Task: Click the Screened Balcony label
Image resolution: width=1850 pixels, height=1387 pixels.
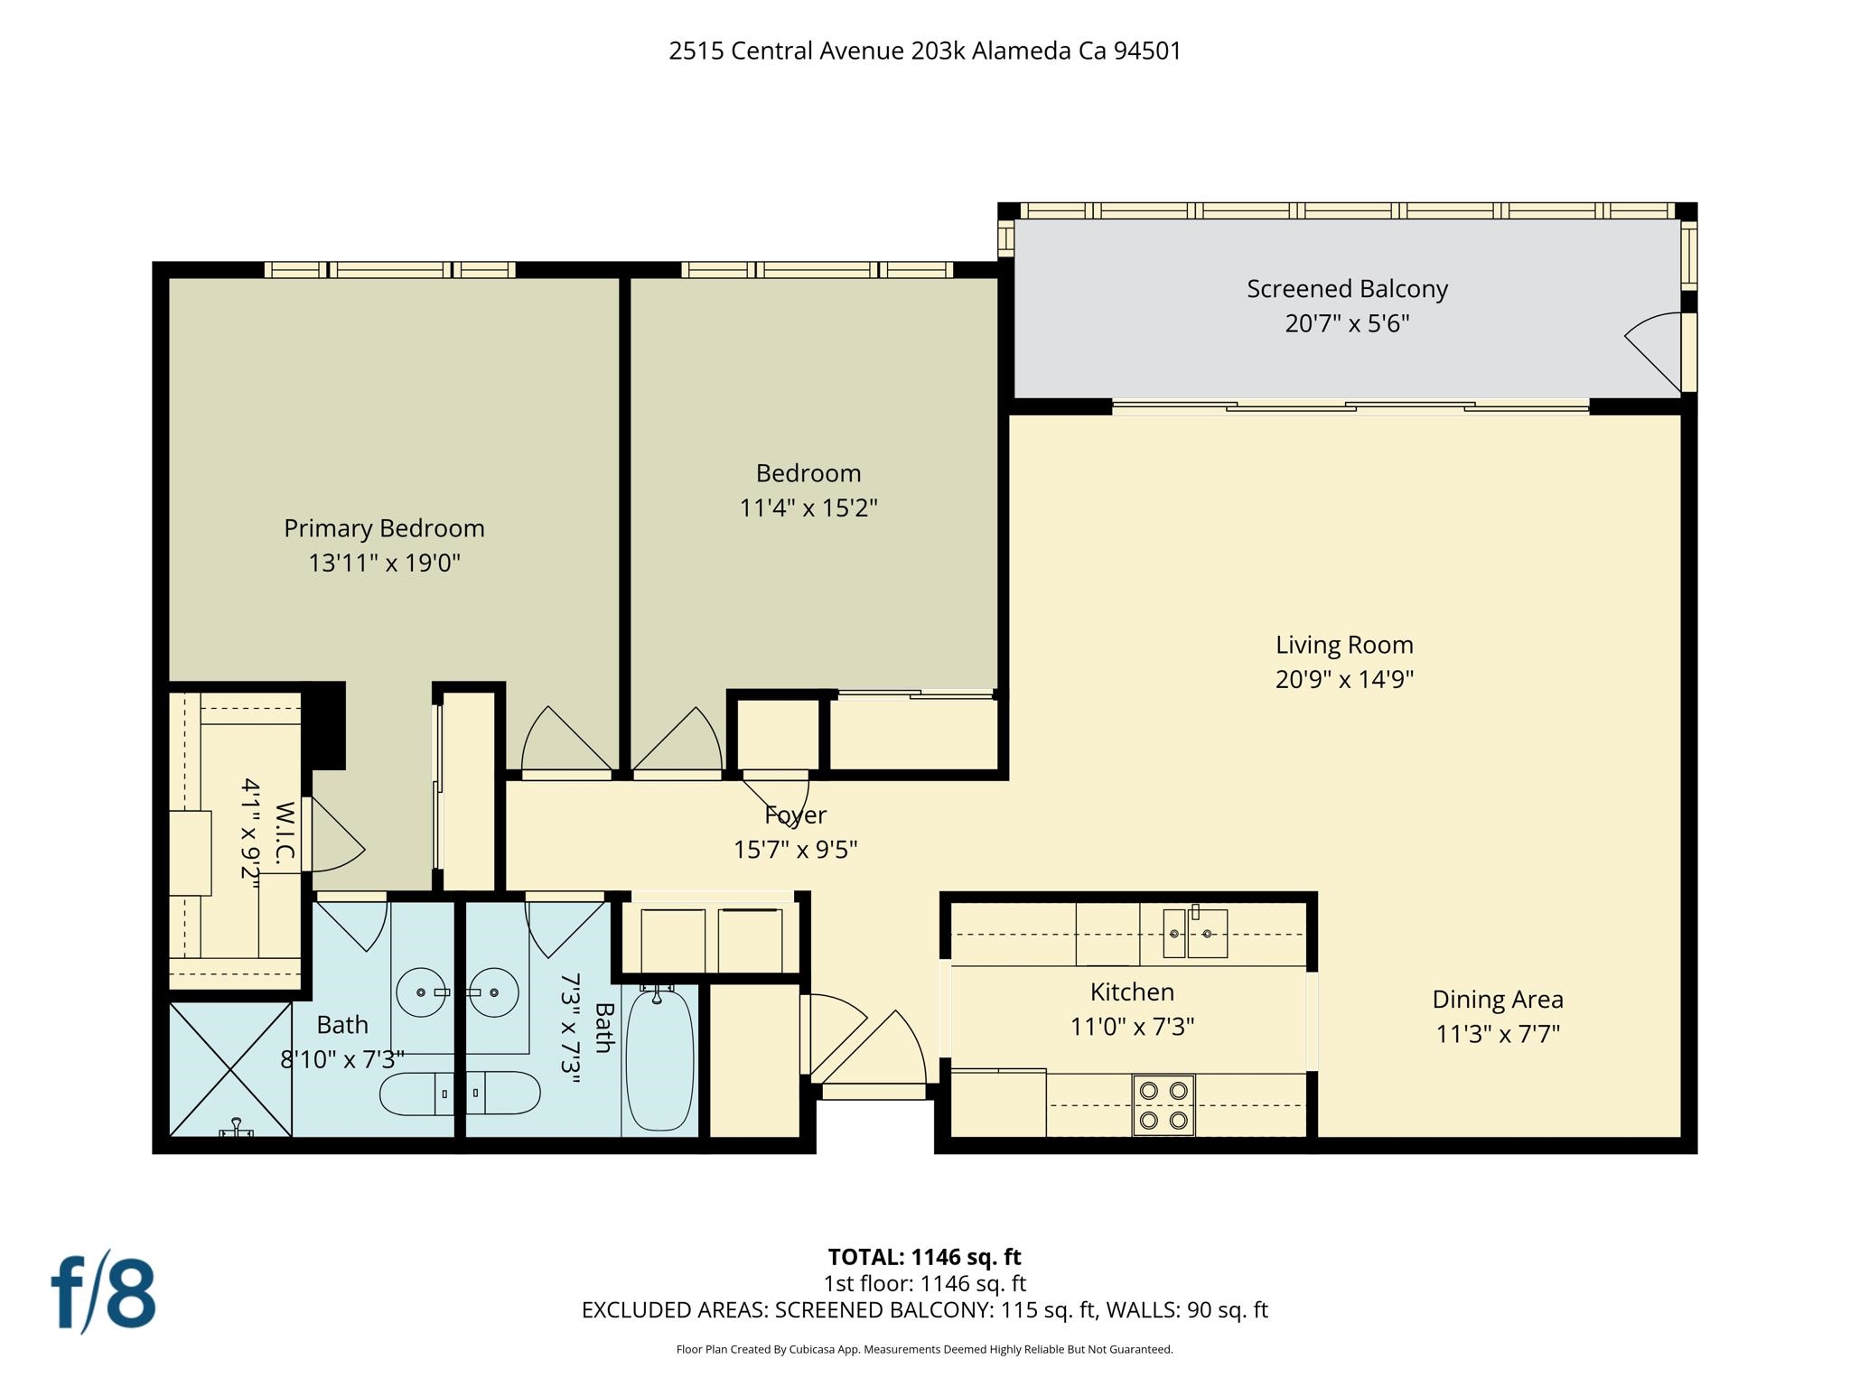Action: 1347,289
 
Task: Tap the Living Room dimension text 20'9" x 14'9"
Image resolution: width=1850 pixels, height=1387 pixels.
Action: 1344,679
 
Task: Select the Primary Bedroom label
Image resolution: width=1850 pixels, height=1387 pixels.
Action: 384,528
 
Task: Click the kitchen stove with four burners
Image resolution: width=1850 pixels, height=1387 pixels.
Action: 1163,1105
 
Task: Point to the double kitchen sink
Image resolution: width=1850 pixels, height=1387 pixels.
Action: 1194,934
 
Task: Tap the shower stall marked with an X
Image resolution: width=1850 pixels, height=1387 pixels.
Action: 231,1070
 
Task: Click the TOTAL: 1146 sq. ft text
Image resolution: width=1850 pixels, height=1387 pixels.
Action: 924,1257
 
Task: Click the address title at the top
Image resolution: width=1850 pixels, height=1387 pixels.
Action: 924,51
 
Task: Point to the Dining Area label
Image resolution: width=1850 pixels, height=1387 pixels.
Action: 1497,1000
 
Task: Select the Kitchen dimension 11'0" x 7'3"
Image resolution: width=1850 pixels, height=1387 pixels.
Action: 1132,1027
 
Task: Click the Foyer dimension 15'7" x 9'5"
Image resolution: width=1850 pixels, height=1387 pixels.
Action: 795,850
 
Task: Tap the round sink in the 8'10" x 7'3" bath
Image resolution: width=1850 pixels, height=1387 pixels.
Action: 422,992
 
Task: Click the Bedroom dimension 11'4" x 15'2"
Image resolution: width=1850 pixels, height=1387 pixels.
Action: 808,508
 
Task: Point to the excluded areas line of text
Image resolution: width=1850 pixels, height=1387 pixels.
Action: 924,1310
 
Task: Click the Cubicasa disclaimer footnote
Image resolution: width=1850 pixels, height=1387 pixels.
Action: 924,1350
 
